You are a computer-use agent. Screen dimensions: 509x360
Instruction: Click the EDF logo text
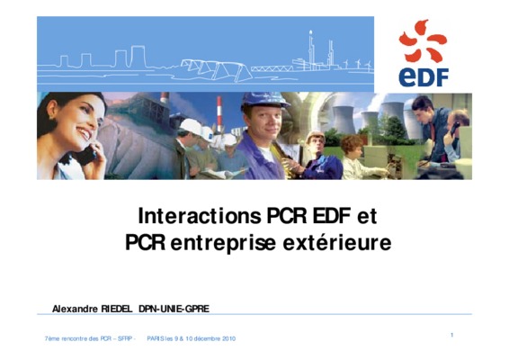point(424,77)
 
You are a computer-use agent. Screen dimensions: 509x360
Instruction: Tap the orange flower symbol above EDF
point(423,40)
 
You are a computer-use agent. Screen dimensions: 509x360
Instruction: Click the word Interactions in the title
point(200,215)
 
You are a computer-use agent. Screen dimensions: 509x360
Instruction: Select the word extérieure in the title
point(337,242)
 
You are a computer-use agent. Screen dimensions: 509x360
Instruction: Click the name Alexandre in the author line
point(75,309)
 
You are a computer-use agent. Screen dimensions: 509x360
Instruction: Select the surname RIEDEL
point(117,309)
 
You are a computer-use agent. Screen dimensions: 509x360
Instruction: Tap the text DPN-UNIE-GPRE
point(174,309)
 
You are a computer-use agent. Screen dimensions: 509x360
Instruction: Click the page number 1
point(451,335)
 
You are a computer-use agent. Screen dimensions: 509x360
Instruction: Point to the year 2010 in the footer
point(228,338)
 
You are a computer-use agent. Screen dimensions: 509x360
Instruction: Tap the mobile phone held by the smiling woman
point(87,155)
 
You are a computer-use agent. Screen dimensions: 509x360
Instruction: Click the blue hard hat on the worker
point(264,100)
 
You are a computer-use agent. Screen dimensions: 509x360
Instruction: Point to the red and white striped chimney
point(219,113)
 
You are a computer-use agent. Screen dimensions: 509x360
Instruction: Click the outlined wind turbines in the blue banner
point(357,64)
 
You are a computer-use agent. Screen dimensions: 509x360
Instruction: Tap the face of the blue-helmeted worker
point(263,122)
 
